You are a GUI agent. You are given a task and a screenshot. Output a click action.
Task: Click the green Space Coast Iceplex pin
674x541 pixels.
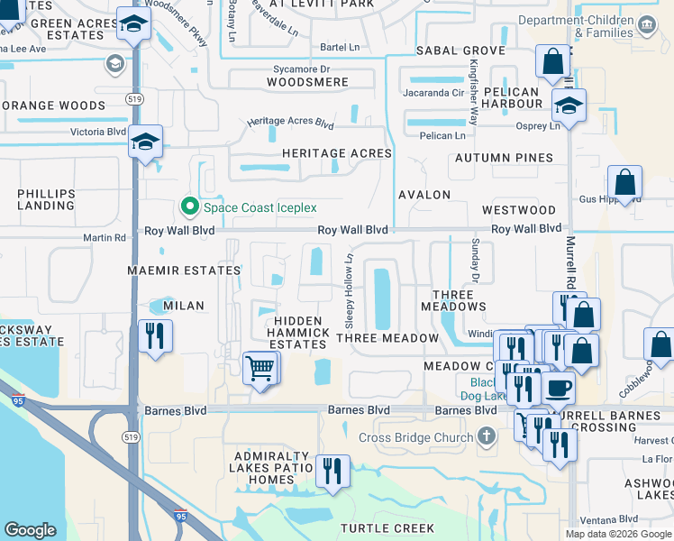click(189, 207)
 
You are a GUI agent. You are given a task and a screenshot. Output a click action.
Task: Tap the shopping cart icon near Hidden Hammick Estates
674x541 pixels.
click(260, 367)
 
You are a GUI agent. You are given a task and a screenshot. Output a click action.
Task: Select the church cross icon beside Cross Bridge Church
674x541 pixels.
click(487, 437)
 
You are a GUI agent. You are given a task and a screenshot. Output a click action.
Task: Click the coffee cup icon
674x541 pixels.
click(559, 387)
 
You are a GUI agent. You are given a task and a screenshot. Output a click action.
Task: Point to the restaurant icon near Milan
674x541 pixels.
click(155, 336)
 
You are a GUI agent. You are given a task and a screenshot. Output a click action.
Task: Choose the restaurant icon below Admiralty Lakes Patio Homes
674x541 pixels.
click(332, 471)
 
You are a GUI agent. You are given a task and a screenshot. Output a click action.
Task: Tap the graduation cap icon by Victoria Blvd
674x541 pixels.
click(145, 142)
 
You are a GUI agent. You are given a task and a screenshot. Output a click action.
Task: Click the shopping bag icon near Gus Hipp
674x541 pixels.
click(624, 183)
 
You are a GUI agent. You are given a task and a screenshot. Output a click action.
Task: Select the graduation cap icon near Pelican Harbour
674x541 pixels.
click(569, 105)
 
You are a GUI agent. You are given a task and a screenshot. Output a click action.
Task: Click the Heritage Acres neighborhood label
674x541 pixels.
click(336, 153)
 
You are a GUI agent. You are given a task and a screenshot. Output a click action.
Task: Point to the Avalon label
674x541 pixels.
click(424, 195)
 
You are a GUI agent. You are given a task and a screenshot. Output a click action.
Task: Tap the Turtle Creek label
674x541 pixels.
click(387, 528)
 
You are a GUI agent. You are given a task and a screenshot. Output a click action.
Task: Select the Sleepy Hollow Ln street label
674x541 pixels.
click(348, 290)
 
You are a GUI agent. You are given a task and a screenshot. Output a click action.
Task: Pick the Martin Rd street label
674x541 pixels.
click(105, 238)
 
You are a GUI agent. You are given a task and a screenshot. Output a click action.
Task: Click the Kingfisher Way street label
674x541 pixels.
click(474, 93)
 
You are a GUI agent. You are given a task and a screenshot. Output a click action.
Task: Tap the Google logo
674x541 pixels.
click(31, 530)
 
